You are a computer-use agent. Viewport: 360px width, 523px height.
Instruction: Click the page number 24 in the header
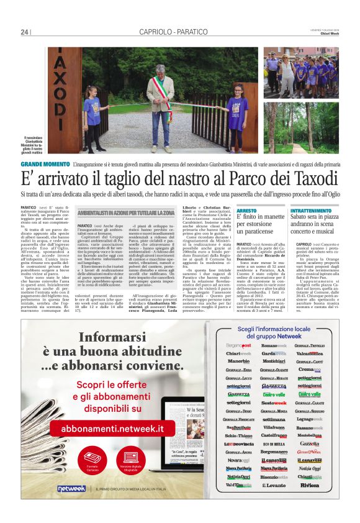pyautogui.click(x=25, y=32)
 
